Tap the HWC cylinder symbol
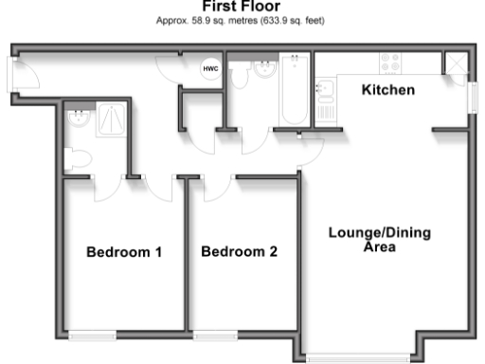click(208, 68)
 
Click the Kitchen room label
click(388, 90)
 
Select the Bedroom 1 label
click(124, 252)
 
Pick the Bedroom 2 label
click(240, 252)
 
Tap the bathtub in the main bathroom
click(296, 91)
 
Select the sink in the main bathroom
click(264, 70)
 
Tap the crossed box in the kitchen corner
click(455, 64)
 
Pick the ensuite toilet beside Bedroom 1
click(75, 156)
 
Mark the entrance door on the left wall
click(11, 74)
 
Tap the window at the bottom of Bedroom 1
click(93, 335)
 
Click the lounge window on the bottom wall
click(359, 357)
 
